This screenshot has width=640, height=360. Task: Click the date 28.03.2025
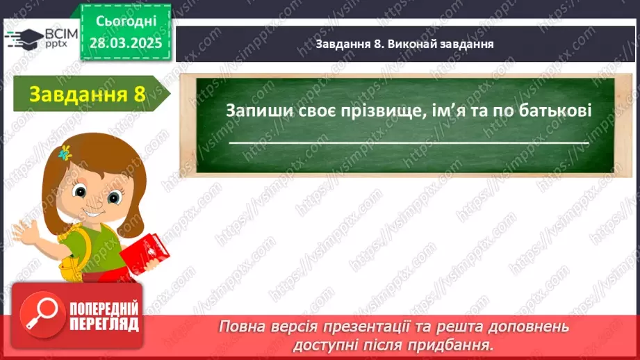125,42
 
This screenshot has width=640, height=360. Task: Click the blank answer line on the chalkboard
408,142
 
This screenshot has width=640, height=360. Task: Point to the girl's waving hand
28,229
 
